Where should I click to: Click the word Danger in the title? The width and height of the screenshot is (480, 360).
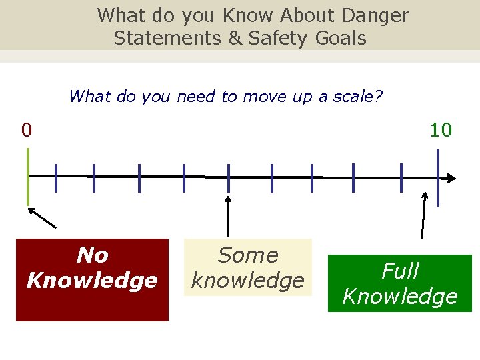pyautogui.click(x=375, y=15)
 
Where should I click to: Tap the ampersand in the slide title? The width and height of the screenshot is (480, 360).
pyautogui.click(x=235, y=38)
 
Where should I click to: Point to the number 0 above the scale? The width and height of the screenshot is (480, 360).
pyautogui.click(x=26, y=129)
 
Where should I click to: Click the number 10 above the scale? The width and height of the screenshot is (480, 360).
pyautogui.click(x=441, y=129)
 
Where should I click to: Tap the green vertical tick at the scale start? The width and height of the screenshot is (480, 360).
pyautogui.click(x=28, y=176)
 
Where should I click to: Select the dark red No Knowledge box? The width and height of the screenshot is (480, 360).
pyautogui.click(x=92, y=280)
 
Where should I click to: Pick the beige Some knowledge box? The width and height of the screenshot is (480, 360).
pyautogui.click(x=247, y=267)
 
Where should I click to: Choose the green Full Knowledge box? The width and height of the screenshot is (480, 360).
pyautogui.click(x=399, y=283)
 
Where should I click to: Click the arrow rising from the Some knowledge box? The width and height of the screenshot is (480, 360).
pyautogui.click(x=229, y=216)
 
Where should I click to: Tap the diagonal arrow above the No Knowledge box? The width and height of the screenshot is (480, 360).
pyautogui.click(x=41, y=217)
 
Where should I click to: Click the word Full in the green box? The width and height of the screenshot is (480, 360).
pyautogui.click(x=400, y=271)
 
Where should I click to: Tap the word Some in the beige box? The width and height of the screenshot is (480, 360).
pyautogui.click(x=248, y=255)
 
